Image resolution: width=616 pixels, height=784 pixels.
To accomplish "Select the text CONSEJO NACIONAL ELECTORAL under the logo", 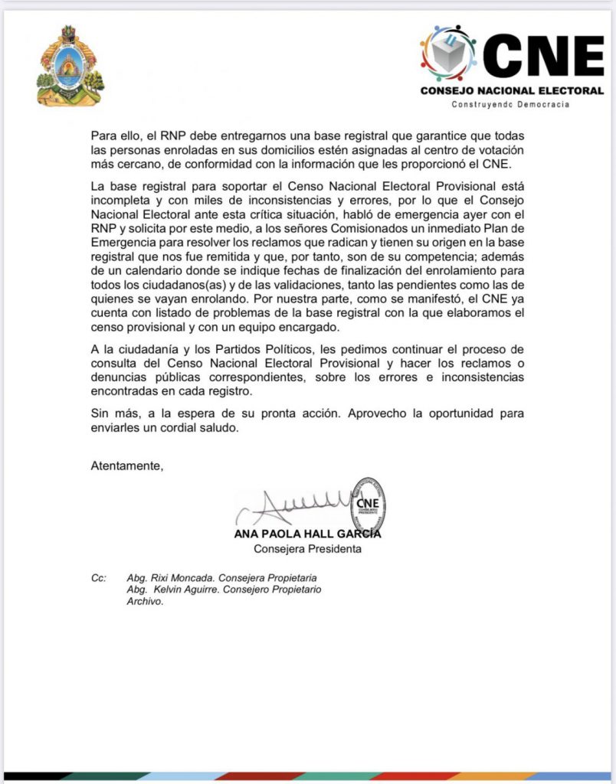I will tap(512, 90).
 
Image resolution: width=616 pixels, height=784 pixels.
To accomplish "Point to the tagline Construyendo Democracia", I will tap(510, 104).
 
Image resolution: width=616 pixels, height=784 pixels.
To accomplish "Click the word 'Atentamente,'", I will tap(127, 465).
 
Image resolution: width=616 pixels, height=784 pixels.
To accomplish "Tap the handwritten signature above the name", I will tap(299, 505).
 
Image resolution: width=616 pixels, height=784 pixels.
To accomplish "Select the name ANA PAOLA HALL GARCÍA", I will tap(307, 534).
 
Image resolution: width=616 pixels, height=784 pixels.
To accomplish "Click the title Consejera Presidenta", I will tap(307, 549).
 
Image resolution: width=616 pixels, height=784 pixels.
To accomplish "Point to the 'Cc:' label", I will tap(98, 577).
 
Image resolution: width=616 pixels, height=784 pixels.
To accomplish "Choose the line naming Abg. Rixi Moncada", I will tap(221, 577).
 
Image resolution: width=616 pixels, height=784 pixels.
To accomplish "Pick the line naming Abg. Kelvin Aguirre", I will tap(224, 590).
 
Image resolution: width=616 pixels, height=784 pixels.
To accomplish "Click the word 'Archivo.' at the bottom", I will tap(146, 602).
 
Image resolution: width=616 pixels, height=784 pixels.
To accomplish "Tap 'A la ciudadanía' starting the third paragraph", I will tap(133, 350).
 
